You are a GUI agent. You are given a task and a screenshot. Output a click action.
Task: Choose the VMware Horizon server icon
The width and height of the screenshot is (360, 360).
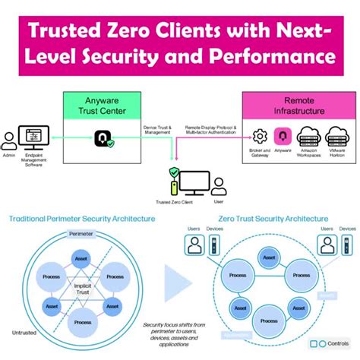(337, 137)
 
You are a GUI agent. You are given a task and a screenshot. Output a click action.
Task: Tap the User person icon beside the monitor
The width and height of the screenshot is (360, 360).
(219, 185)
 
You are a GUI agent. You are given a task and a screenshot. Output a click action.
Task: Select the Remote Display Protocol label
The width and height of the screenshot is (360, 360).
(211, 131)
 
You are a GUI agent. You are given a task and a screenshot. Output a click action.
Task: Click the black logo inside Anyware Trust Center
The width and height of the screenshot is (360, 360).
(102, 139)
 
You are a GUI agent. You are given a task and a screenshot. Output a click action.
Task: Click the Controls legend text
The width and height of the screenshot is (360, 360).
(339, 343)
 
